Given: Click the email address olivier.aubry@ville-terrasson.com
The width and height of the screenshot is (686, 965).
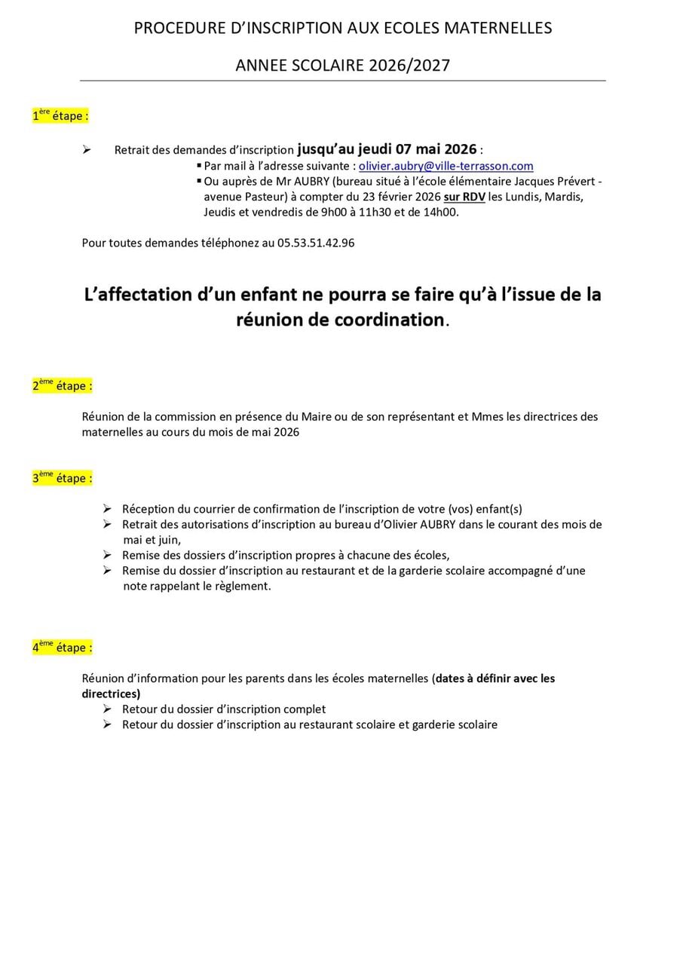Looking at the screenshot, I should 446,166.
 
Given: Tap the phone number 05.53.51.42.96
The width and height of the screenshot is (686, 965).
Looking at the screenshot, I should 316,243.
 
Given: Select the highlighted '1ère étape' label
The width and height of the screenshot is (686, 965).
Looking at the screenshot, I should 60,116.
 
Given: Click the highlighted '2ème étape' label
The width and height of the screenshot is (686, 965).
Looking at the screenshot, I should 62,385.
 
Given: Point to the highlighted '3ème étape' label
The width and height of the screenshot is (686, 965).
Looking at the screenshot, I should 62,478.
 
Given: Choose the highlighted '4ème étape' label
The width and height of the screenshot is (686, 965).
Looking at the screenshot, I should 62,648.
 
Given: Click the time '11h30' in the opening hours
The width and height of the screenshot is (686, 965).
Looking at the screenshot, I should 377,213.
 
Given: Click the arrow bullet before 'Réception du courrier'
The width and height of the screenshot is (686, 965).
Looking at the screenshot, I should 107,509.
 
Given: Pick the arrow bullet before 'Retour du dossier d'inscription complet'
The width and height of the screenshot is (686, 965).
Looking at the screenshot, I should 107,709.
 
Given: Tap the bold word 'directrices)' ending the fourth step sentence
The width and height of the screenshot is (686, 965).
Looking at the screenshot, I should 111,694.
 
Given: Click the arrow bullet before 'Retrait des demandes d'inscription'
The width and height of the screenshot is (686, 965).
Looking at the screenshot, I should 87,150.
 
